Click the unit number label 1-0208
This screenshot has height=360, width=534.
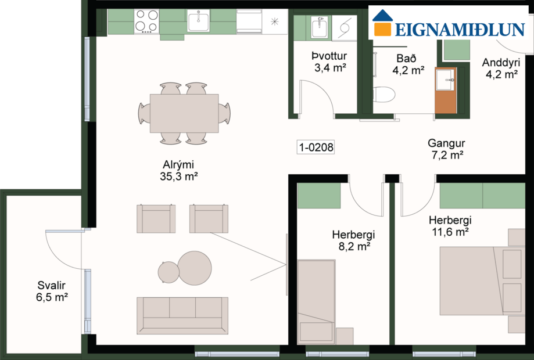click(x=316, y=147)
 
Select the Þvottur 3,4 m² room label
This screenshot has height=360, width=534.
click(x=329, y=62)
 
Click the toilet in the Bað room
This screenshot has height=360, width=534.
click(x=384, y=94)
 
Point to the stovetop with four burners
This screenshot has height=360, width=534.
click(x=146, y=21)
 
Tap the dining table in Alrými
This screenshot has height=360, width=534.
click(x=184, y=113)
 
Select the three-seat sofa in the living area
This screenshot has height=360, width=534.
click(x=182, y=315)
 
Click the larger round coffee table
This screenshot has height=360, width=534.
click(x=194, y=267)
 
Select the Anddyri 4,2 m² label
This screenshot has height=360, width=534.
click(x=500, y=68)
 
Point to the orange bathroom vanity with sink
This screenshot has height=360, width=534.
click(x=446, y=90)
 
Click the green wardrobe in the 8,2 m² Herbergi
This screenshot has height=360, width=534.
click(x=318, y=195)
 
